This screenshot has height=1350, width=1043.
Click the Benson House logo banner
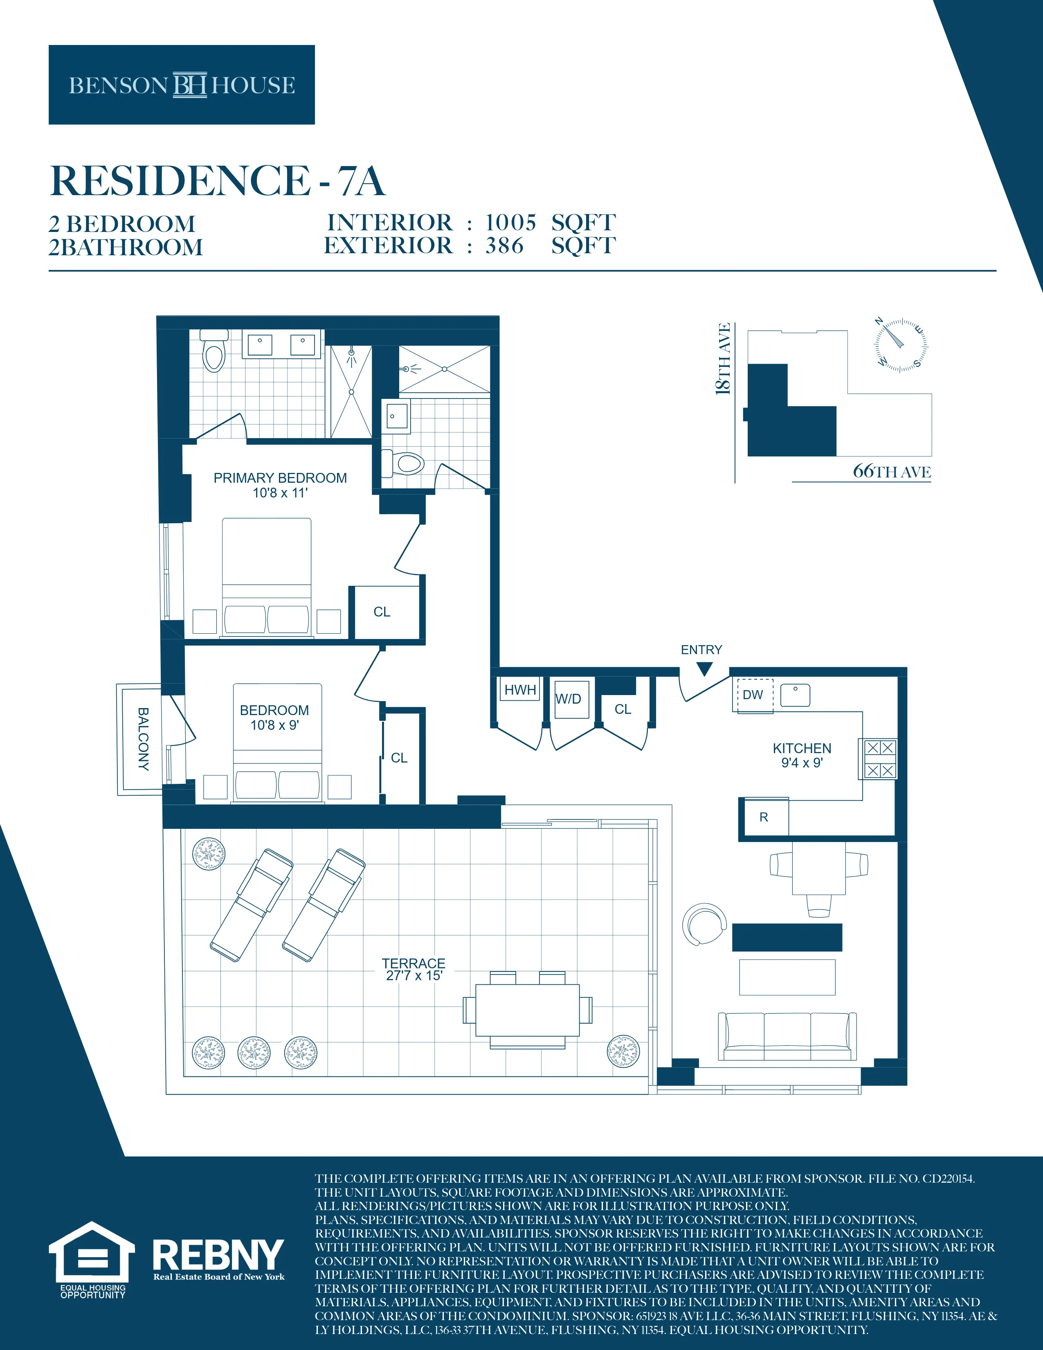[182, 85]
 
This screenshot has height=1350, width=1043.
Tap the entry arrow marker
[704, 668]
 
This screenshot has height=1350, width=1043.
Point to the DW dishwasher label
[753, 695]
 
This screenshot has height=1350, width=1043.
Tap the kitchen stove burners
[880, 758]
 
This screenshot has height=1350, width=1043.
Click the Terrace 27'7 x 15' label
[414, 969]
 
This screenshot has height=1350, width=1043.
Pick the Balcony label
[143, 739]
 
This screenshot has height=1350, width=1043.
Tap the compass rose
[900, 345]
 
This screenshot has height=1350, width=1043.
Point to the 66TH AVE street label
[892, 472]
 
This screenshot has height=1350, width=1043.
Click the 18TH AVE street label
[723, 358]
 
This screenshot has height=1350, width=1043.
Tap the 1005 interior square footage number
[510, 223]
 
